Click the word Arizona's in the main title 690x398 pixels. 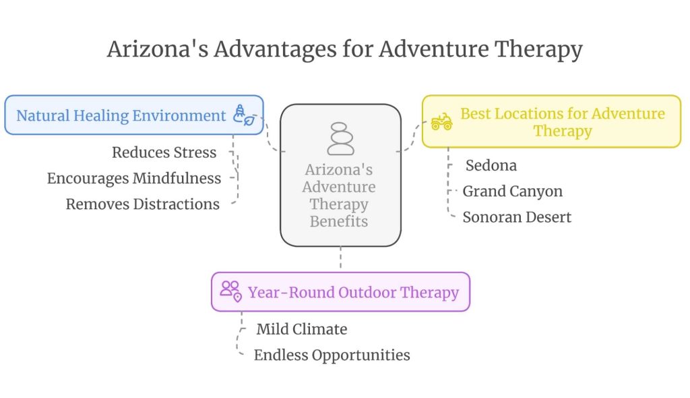coord(158,49)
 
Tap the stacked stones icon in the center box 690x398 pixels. coord(340,139)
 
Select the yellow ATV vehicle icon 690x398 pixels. coord(441,121)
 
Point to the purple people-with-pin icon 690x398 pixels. coord(231,291)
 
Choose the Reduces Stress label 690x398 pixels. coord(164,152)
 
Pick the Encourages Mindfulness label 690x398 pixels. coord(134,179)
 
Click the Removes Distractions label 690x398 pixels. coord(143,204)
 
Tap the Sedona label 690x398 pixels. coord(491,166)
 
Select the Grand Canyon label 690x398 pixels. coord(513,192)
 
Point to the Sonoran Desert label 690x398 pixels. coord(517,217)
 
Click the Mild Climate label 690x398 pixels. coord(302,329)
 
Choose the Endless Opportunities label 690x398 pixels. coord(332,356)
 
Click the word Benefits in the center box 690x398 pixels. coord(339,221)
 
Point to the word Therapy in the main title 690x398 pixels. coord(538,49)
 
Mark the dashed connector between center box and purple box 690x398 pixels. coord(340,257)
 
